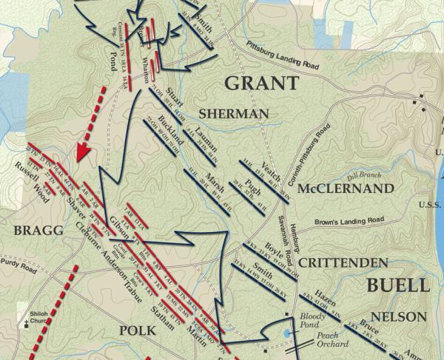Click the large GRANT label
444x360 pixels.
(261, 83)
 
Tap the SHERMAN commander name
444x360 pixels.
(233, 114)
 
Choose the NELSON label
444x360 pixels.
(399, 316)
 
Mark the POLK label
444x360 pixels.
(138, 330)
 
